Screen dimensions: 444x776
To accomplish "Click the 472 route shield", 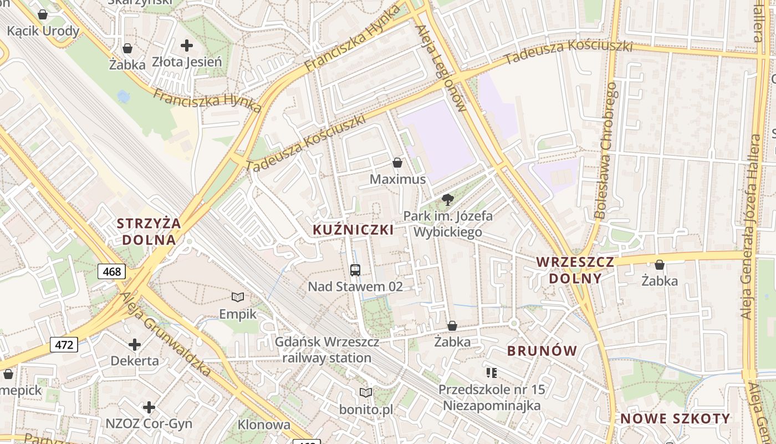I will point(64,345).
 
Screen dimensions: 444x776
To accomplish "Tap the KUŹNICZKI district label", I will point(353,230).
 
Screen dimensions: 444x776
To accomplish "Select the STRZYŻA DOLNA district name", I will point(149,231).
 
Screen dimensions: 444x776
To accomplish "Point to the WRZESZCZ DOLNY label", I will point(575,270).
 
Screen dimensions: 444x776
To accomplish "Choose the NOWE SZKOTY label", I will point(675,418).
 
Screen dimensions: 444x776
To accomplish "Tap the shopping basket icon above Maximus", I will point(397,163).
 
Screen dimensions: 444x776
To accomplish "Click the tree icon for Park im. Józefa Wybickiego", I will point(447,200).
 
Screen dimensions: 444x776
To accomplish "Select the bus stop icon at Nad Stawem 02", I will point(355,270).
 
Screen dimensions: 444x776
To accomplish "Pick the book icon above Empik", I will point(238,297).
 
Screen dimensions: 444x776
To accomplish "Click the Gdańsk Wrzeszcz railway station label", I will point(327,350).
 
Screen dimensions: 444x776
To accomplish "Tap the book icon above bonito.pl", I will point(366,393).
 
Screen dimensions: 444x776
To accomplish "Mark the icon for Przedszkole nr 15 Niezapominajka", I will point(491,372).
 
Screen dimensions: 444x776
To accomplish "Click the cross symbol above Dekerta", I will point(135,345).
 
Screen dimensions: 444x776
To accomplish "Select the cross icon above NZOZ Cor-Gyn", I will point(149,408).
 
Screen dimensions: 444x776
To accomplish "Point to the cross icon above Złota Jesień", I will point(187,46).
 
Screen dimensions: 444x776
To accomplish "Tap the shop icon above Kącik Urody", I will point(43,14).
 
